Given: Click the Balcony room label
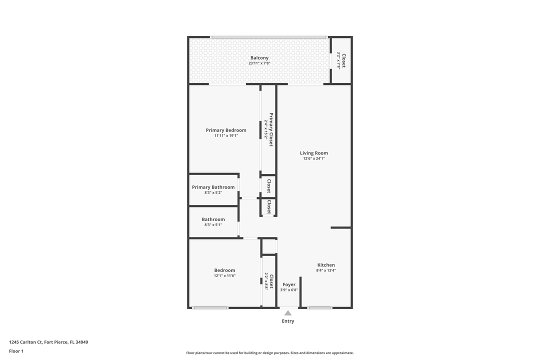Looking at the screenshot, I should click(259, 58).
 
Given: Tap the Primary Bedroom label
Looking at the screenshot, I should click(226, 130).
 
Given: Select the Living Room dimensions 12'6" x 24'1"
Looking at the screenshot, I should click(314, 158).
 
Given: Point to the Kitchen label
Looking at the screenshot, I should click(326, 265).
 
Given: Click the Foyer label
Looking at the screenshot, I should click(289, 284).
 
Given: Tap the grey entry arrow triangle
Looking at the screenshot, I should click(288, 313).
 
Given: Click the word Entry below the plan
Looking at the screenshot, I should click(288, 321).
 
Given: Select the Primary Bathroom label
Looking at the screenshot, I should click(213, 187).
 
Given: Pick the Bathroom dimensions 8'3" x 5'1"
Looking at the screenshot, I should click(213, 225).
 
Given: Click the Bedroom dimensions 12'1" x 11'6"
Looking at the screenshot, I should click(224, 275).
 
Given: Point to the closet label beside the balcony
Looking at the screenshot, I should click(343, 60).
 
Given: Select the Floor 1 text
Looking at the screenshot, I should click(16, 351).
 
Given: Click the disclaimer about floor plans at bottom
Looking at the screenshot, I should click(270, 352).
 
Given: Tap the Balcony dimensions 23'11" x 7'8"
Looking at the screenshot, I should click(259, 63).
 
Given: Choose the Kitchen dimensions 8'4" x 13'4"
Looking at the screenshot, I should click(326, 270).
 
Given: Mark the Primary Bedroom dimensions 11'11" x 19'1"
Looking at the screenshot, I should click(226, 135).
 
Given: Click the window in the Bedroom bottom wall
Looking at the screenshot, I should click(210, 307).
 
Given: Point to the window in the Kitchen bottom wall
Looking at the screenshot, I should click(319, 307).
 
